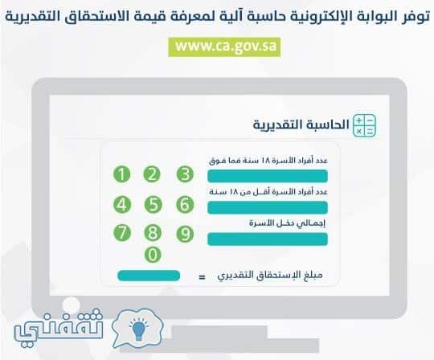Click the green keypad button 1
(122, 174)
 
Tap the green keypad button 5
(153, 205)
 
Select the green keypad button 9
(185, 234)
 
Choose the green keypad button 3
(185, 174)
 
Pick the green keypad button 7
(122, 233)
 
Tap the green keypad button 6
(185, 205)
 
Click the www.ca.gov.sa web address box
(224, 47)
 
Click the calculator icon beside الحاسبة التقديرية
(364, 125)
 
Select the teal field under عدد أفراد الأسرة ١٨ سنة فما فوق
(268, 176)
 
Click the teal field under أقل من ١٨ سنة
(268, 207)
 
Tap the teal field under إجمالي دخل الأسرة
(268, 239)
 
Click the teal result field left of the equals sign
(149, 276)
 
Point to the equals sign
(203, 276)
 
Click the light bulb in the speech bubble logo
(138, 329)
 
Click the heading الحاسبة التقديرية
(301, 125)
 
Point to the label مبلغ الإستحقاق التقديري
(270, 276)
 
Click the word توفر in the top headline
(416, 16)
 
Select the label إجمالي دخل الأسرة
(287, 223)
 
